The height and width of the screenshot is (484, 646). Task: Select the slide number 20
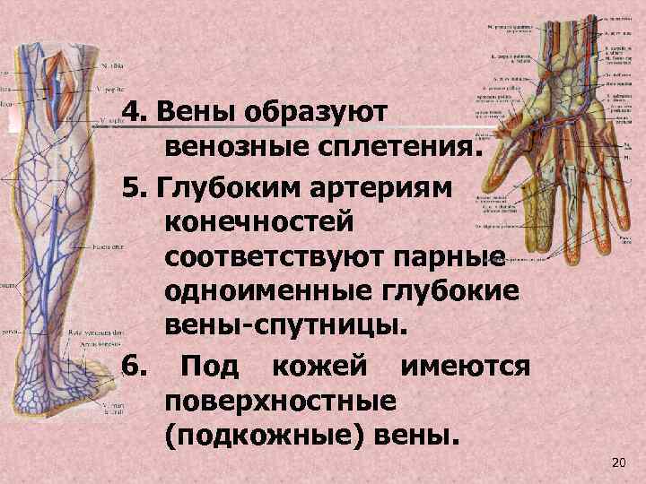pyautogui.click(x=615, y=462)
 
